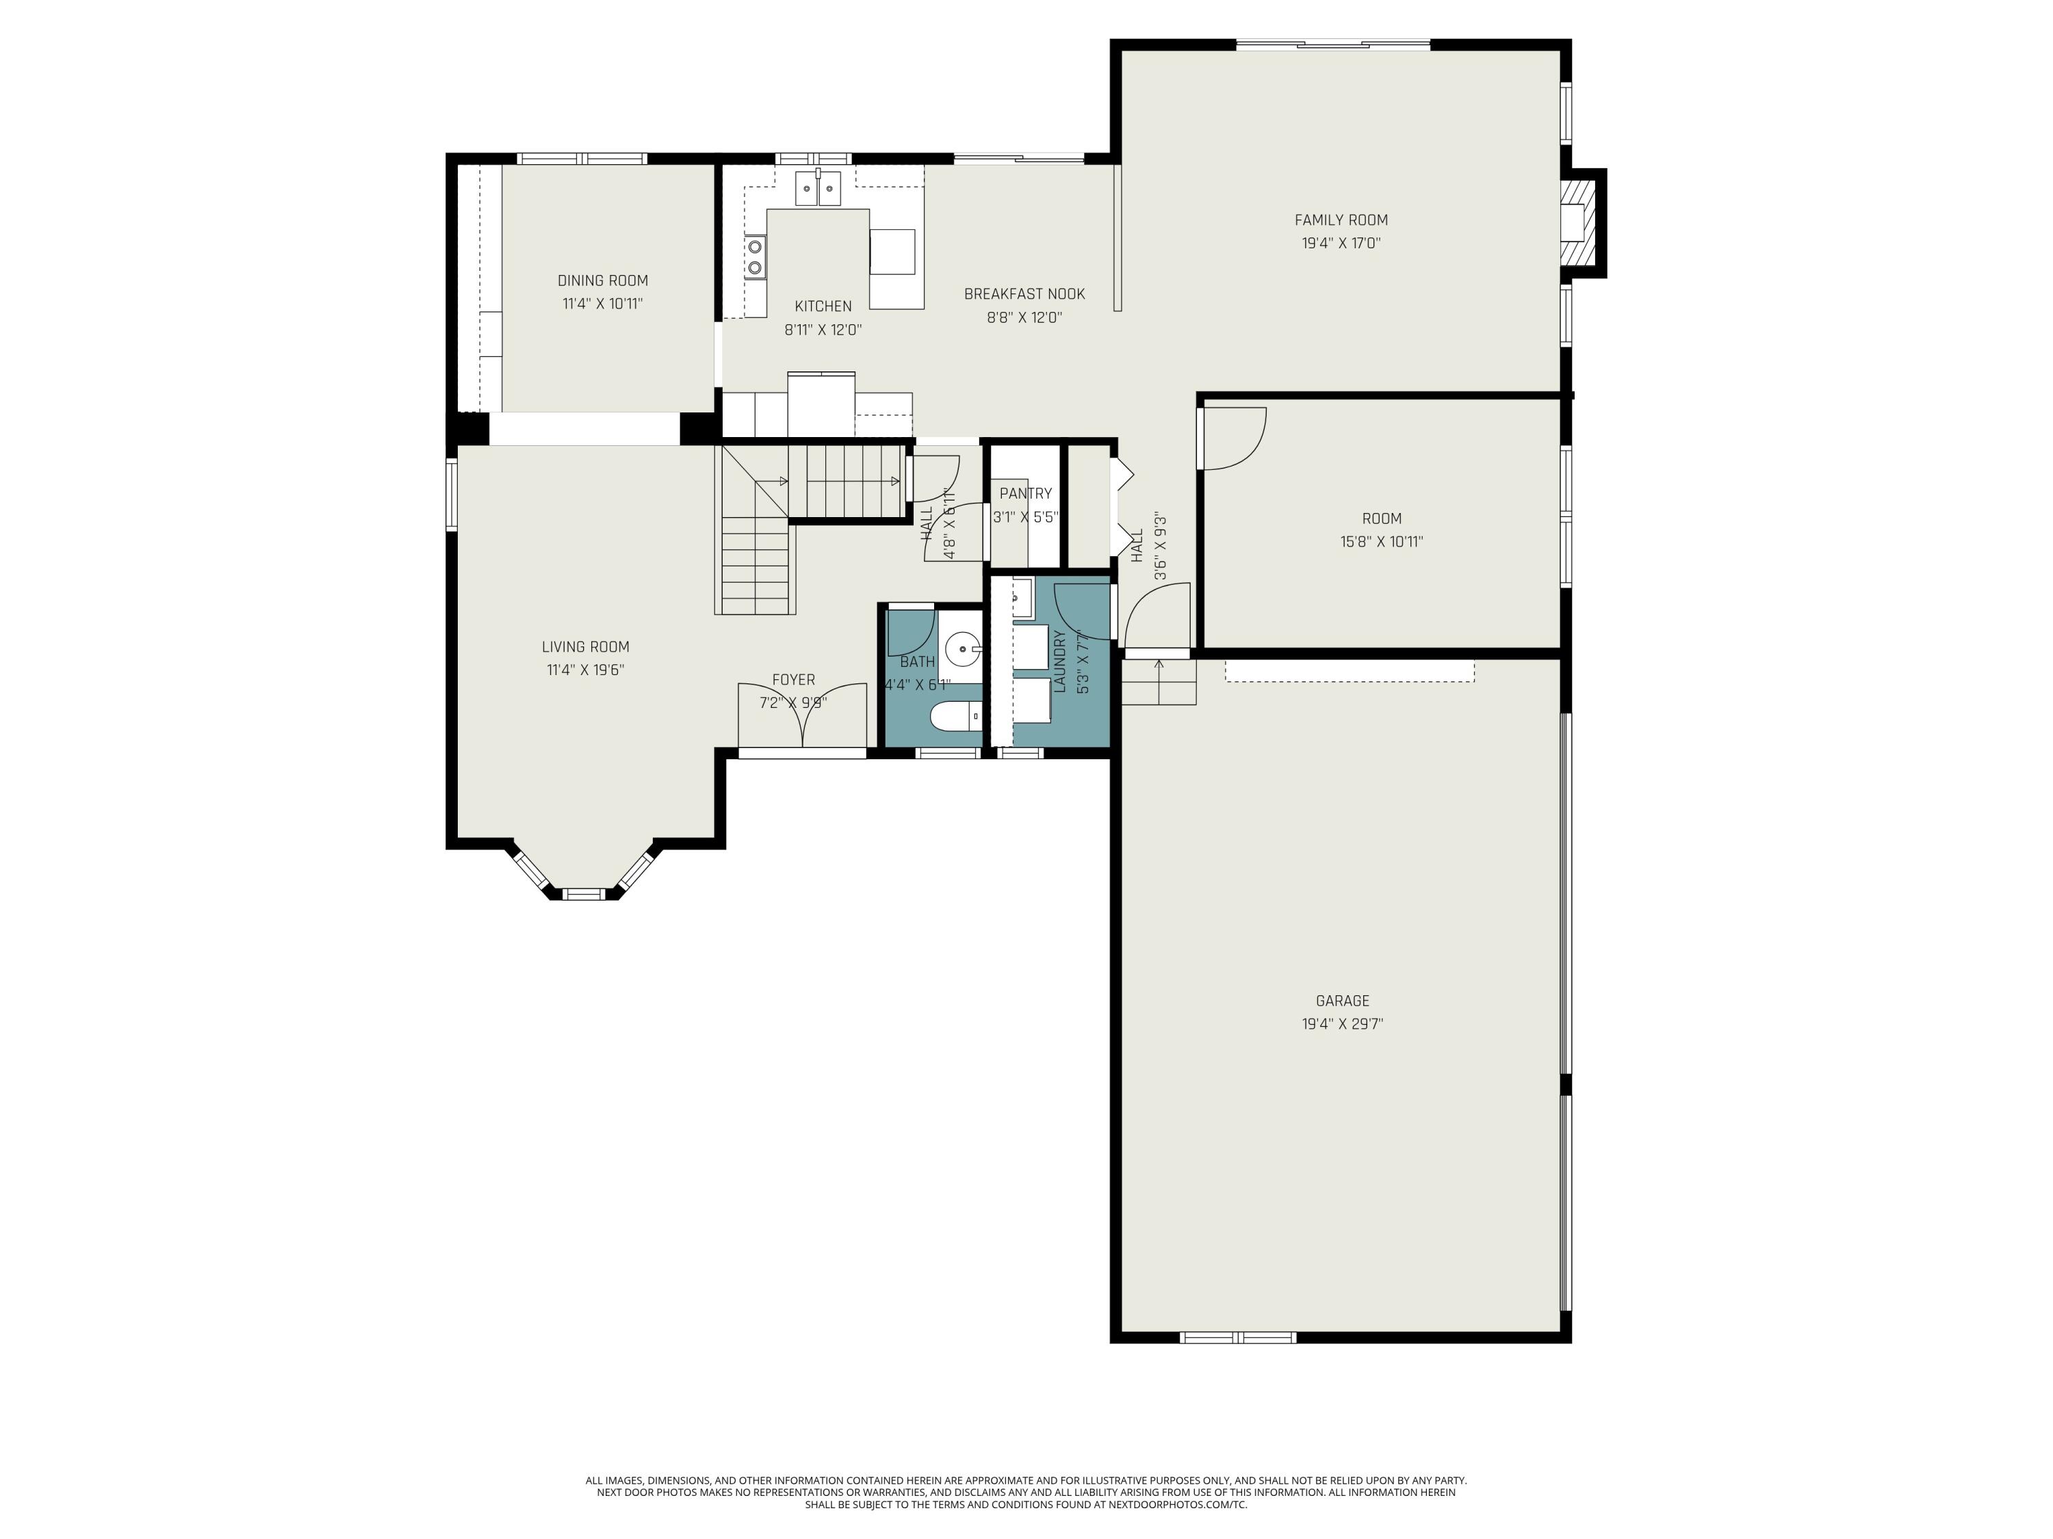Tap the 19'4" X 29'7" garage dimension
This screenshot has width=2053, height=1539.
1342,1024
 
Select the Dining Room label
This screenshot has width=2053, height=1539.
602,280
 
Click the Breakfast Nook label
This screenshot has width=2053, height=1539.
1024,294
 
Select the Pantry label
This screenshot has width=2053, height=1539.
1026,494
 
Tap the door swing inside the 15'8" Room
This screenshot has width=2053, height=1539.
1232,438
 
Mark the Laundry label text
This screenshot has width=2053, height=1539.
1059,661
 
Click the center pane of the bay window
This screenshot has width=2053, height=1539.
584,894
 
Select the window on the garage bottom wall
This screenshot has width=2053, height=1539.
1237,1337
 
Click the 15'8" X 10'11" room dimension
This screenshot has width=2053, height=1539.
1381,542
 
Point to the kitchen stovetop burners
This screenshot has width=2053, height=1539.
756,257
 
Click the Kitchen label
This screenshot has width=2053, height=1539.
823,306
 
